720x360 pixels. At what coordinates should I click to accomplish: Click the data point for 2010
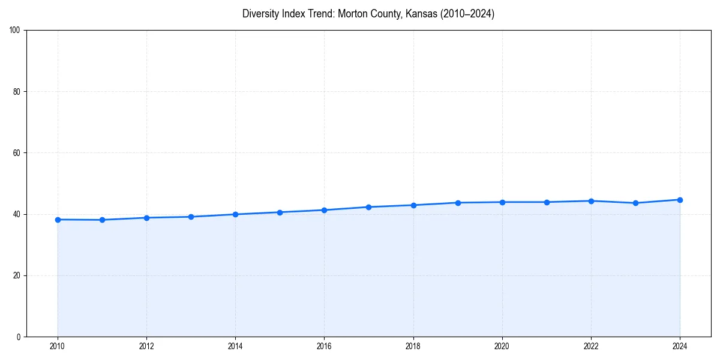click(58, 220)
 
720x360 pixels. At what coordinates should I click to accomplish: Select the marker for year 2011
click(102, 220)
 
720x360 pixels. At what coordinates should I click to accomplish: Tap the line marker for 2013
click(191, 217)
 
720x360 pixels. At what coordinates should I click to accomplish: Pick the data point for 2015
click(280, 212)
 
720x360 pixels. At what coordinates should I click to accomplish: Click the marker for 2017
click(368, 207)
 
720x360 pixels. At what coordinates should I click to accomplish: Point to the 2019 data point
click(458, 203)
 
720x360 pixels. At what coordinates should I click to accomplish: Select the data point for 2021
click(547, 202)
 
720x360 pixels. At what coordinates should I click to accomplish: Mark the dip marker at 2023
click(635, 203)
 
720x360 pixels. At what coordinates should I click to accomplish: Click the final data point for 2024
click(680, 200)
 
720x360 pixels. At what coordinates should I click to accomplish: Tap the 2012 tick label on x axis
click(146, 346)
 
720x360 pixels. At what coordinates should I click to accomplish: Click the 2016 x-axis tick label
click(324, 346)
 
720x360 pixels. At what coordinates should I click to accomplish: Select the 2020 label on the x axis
click(502, 346)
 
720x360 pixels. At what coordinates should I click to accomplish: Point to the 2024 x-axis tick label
click(680, 346)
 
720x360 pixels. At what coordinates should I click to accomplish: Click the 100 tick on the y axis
click(15, 30)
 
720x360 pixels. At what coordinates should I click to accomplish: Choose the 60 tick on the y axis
click(17, 153)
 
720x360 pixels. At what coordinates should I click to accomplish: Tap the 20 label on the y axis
click(17, 275)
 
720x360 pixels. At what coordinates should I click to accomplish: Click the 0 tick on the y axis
click(19, 337)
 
